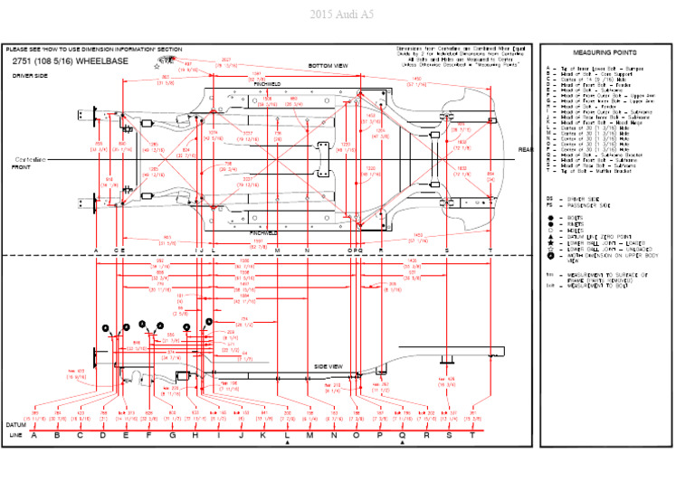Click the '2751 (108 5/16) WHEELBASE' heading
tap(71, 61)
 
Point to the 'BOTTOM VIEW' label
tap(328, 66)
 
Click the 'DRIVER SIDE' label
tap(30, 76)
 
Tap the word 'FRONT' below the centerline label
tap(21, 167)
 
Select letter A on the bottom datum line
tap(34, 435)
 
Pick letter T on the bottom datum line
tap(471, 435)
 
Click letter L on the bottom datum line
tap(287, 435)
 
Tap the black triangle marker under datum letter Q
tap(403, 444)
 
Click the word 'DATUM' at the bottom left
tap(15, 424)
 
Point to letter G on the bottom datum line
tap(172, 435)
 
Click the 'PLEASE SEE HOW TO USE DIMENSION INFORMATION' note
tap(94, 49)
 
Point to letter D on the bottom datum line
tap(103, 435)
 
